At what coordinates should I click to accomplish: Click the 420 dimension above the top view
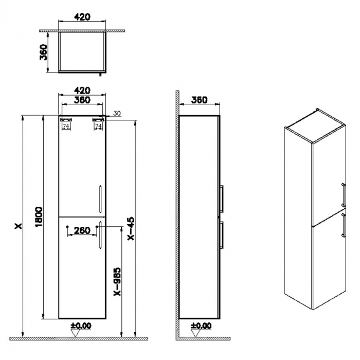[82, 16]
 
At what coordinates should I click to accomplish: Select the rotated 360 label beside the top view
[45, 51]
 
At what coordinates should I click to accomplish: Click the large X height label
[19, 226]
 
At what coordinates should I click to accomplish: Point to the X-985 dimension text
[117, 281]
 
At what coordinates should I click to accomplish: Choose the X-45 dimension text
[131, 228]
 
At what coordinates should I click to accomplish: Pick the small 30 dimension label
[116, 113]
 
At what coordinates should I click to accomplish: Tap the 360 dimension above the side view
[199, 100]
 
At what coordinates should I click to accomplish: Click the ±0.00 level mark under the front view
[80, 326]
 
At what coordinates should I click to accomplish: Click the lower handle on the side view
[222, 235]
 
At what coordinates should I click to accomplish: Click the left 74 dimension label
[66, 125]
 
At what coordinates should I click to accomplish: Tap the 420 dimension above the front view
[82, 90]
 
